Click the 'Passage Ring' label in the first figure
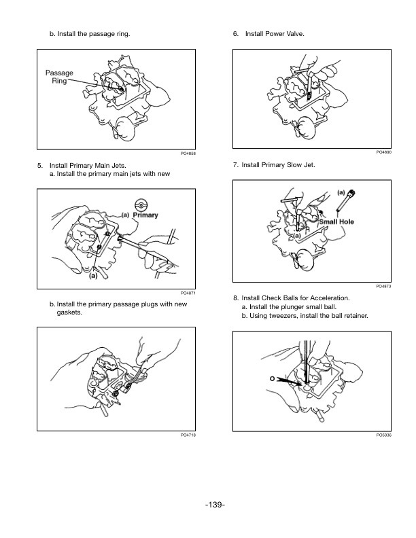[59, 77]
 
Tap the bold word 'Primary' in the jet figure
[145, 215]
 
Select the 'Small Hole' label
[336, 221]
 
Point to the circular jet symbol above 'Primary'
[141, 204]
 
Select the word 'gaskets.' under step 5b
[69, 313]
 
